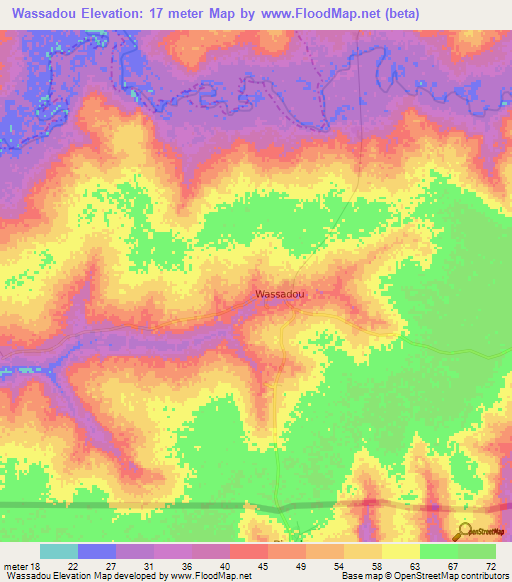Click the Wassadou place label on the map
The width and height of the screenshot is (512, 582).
(280, 294)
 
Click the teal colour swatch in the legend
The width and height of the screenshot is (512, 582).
(59, 551)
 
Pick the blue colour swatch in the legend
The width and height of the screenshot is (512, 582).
(97, 551)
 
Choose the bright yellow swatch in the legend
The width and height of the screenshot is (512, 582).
(400, 551)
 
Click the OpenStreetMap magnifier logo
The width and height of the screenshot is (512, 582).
(464, 532)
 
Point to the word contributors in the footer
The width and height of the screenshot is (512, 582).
(479, 575)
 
